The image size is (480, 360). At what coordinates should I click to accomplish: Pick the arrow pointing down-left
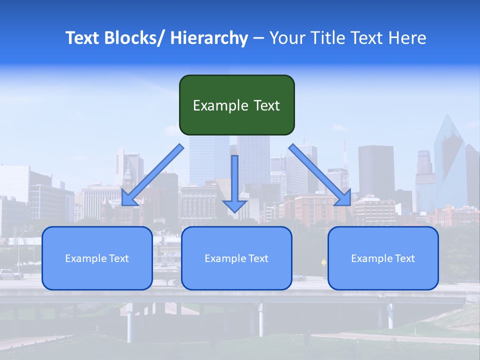click(152, 175)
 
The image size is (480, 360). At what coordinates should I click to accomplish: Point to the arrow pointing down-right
click(320, 175)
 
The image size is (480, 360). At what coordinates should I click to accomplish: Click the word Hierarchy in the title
click(209, 38)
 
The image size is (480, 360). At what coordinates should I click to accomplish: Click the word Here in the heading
click(407, 38)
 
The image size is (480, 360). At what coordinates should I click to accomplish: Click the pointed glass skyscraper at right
click(449, 160)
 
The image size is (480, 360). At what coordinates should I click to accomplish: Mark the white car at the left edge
click(10, 274)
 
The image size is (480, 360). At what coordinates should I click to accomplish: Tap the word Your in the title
click(287, 38)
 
